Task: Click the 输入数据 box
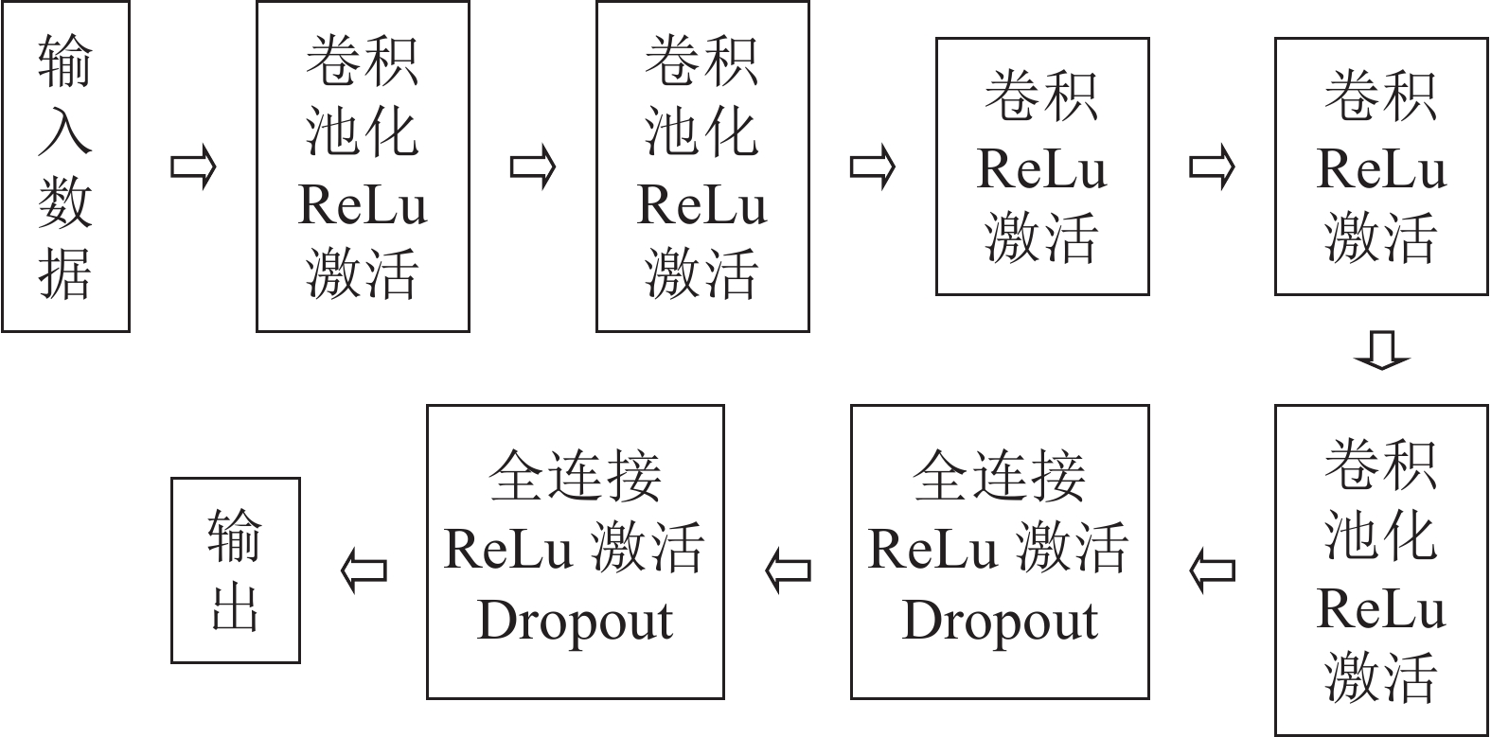(65, 167)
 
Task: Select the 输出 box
(236, 570)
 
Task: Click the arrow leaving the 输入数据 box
(193, 167)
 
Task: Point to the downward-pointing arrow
(1381, 349)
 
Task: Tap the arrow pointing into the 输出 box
(364, 570)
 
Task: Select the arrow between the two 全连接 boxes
(788, 570)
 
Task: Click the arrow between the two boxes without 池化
(1212, 167)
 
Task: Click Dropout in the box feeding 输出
(576, 621)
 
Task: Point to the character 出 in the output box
(236, 605)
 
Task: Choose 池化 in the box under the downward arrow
(1381, 535)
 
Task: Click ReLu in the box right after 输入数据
(363, 204)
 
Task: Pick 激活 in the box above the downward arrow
(1381, 237)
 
